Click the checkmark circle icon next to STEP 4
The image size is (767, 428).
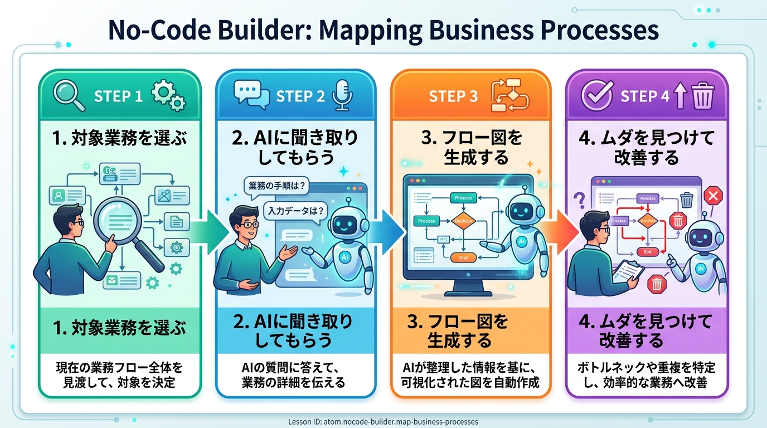(x=595, y=96)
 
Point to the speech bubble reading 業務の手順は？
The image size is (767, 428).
(x=276, y=187)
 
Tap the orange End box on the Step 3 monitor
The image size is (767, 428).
(x=462, y=258)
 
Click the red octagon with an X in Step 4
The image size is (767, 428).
(x=712, y=195)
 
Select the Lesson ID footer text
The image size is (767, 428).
(x=384, y=422)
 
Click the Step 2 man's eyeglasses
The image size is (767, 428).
(x=250, y=225)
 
